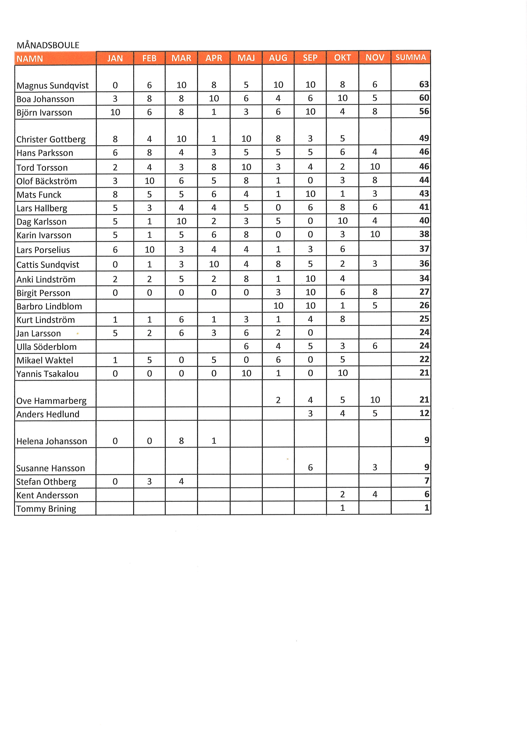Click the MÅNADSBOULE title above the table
pos(48,45)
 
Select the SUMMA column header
pos(411,57)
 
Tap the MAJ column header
pos(246,58)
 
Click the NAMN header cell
pos(30,59)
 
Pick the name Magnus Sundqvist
pos(52,86)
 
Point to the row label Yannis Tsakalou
pos(48,374)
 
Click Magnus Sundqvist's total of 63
pos(424,84)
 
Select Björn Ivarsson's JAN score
pos(115,112)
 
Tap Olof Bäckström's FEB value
pos(149,181)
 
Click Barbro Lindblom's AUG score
pos(278,306)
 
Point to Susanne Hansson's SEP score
pos(310,467)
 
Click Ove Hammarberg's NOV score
pos(375,400)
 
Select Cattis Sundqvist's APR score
pos(214,264)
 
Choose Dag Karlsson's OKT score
pos(342,221)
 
